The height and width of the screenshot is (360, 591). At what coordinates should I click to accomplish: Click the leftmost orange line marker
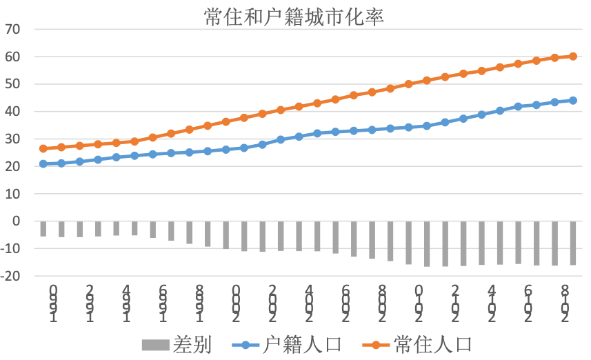coord(43,148)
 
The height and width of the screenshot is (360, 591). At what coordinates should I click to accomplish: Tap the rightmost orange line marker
coord(573,57)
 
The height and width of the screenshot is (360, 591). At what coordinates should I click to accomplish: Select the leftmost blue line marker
coord(43,163)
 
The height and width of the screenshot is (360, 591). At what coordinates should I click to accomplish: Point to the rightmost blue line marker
coord(573,100)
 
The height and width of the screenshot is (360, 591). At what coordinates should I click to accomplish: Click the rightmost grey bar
coord(573,243)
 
